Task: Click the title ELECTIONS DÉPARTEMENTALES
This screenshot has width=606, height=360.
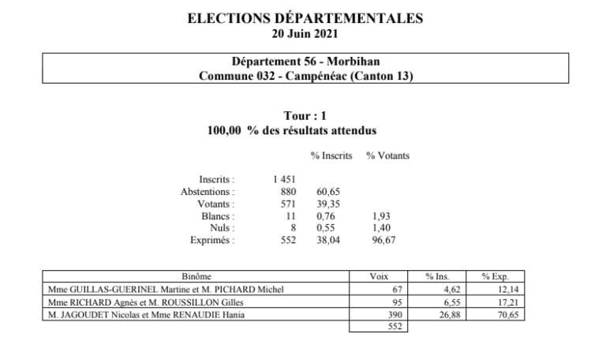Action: click(x=305, y=17)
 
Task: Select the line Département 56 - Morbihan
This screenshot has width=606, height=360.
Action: click(x=305, y=62)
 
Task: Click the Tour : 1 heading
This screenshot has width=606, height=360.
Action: click(x=305, y=116)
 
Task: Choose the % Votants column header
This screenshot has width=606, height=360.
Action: click(x=387, y=156)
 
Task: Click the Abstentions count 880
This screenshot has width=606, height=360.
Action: click(x=288, y=192)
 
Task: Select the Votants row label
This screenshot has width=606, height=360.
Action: click(x=218, y=204)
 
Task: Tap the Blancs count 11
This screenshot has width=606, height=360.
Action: click(x=290, y=216)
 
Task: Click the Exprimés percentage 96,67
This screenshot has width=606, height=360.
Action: click(x=380, y=239)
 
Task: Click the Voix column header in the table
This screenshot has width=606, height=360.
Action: click(x=379, y=277)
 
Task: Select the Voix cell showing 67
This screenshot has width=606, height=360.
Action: click(x=397, y=290)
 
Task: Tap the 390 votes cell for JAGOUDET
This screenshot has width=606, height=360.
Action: click(x=395, y=315)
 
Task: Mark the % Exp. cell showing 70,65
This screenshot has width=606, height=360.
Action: click(x=505, y=315)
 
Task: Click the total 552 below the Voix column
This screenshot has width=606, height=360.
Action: click(x=395, y=327)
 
